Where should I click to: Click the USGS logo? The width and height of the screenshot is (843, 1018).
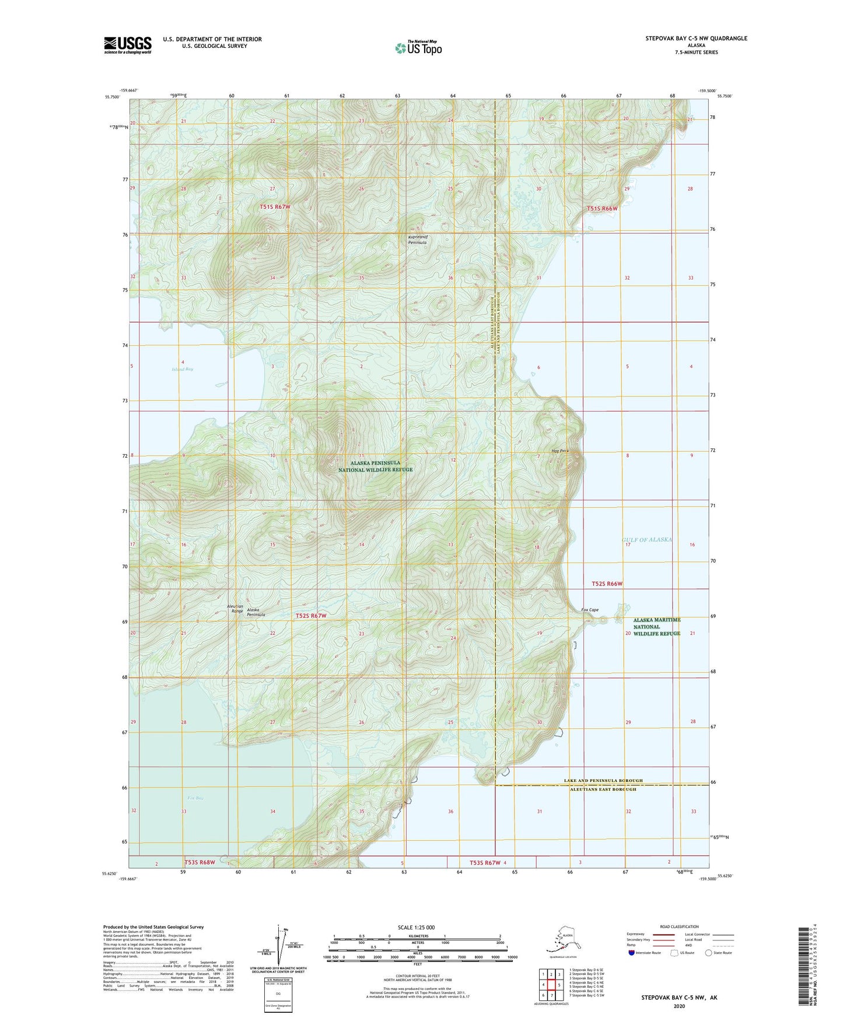coord(127,45)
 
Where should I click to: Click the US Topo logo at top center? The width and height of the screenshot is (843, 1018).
coord(418,48)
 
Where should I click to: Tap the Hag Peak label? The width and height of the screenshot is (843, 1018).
coord(559,451)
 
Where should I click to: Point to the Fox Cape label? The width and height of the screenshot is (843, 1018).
coord(590,610)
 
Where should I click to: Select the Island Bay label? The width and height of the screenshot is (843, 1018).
coord(183,369)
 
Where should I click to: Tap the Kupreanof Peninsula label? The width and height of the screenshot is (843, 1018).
coord(417,240)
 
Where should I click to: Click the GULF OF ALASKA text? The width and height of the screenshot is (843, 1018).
coord(647,540)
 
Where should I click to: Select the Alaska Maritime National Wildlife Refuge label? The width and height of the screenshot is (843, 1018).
coord(657,627)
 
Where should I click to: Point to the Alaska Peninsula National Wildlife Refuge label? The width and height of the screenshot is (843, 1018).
coord(375,466)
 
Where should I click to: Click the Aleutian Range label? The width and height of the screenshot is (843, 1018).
coord(235,609)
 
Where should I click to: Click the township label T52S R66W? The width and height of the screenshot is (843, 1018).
coord(607,584)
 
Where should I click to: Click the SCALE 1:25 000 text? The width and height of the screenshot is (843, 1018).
coord(416,928)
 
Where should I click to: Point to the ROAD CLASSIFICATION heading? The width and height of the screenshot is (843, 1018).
coord(679,926)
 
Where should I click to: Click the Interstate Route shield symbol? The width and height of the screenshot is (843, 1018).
coord(632,953)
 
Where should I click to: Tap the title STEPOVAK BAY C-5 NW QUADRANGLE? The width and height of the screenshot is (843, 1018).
coord(695,38)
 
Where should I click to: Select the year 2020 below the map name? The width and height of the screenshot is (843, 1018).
coord(679,1006)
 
